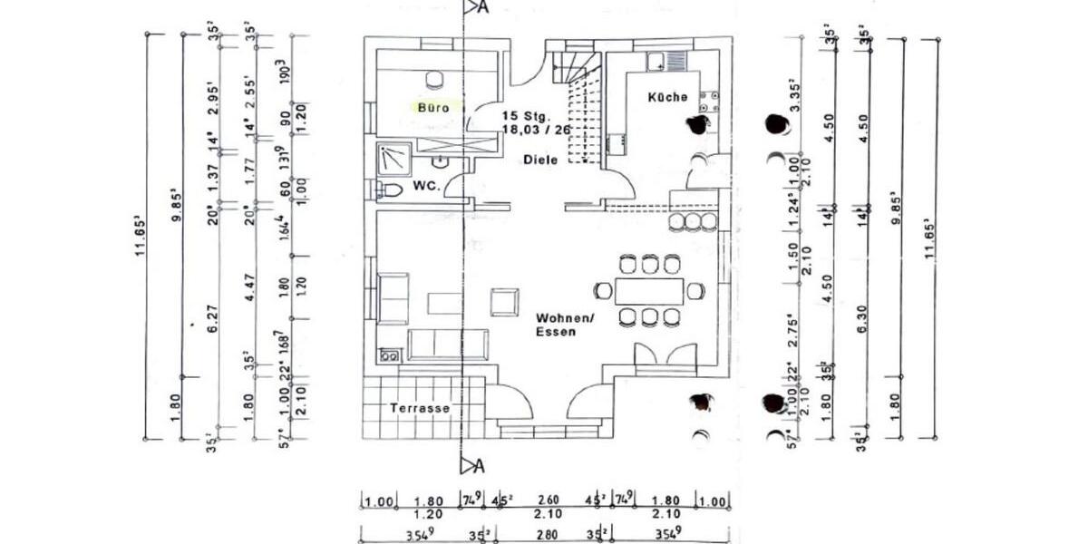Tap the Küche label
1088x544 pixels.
click(x=667, y=97)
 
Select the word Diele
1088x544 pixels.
click(x=539, y=160)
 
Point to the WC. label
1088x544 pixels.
click(x=426, y=186)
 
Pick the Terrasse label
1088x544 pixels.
click(x=420, y=409)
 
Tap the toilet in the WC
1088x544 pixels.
click(x=390, y=190)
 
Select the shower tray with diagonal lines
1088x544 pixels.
click(x=393, y=159)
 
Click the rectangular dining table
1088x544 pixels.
click(x=648, y=291)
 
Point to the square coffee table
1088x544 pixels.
click(x=505, y=301)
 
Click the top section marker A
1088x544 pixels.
click(x=473, y=7)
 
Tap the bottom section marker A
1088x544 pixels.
click(x=473, y=466)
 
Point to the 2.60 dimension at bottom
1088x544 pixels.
click(x=549, y=500)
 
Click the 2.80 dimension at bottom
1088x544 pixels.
click(x=549, y=534)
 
